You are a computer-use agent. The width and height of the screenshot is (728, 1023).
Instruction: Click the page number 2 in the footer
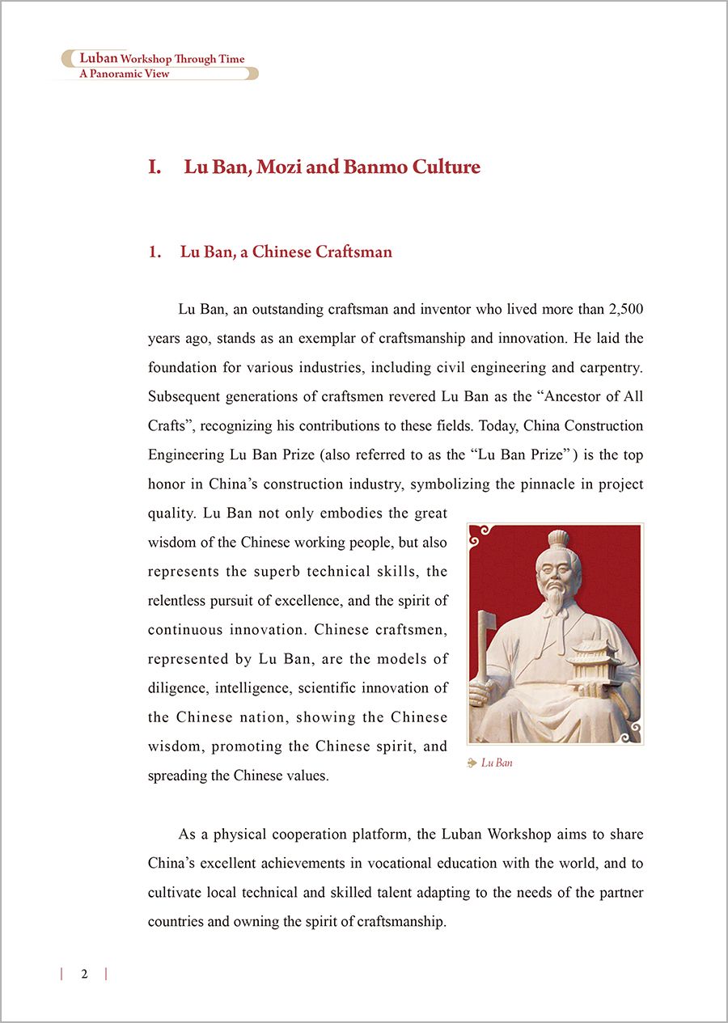[x=84, y=974]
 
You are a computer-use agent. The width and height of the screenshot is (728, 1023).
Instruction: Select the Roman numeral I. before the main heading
[x=154, y=167]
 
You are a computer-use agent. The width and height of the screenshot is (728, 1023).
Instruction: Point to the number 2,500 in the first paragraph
[x=625, y=309]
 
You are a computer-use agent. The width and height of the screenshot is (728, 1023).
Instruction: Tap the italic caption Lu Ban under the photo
[x=497, y=763]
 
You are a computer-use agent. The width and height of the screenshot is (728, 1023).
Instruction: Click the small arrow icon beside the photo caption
[x=472, y=763]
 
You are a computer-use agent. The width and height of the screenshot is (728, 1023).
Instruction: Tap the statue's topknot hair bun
[x=558, y=539]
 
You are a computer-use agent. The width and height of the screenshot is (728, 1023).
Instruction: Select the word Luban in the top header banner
[x=99, y=58]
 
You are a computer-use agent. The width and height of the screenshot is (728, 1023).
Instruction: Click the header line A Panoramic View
[x=124, y=74]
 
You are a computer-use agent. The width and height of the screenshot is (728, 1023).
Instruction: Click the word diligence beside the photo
[x=176, y=687]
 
